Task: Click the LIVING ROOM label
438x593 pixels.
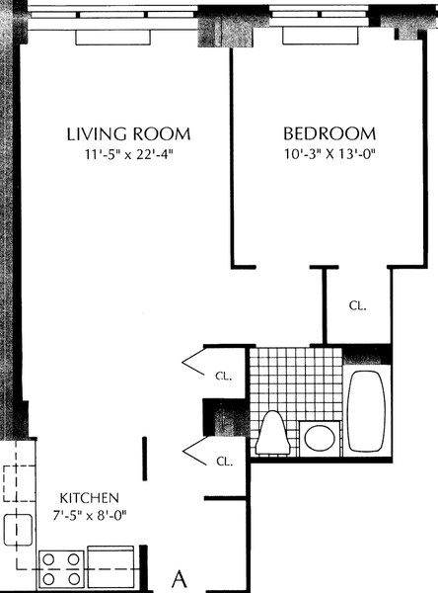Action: click(x=127, y=133)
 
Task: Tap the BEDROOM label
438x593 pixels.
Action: click(x=329, y=133)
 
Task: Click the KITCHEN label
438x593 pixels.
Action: click(x=90, y=496)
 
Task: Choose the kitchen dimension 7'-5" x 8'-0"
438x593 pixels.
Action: click(x=90, y=514)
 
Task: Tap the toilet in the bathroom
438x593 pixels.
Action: click(x=271, y=432)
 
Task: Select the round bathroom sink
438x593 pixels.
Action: click(x=319, y=436)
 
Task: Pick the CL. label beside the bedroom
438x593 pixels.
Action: click(x=356, y=306)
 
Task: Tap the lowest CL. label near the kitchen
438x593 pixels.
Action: click(x=224, y=461)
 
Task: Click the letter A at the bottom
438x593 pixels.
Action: click(x=181, y=576)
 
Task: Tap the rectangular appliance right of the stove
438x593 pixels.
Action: click(x=110, y=563)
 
